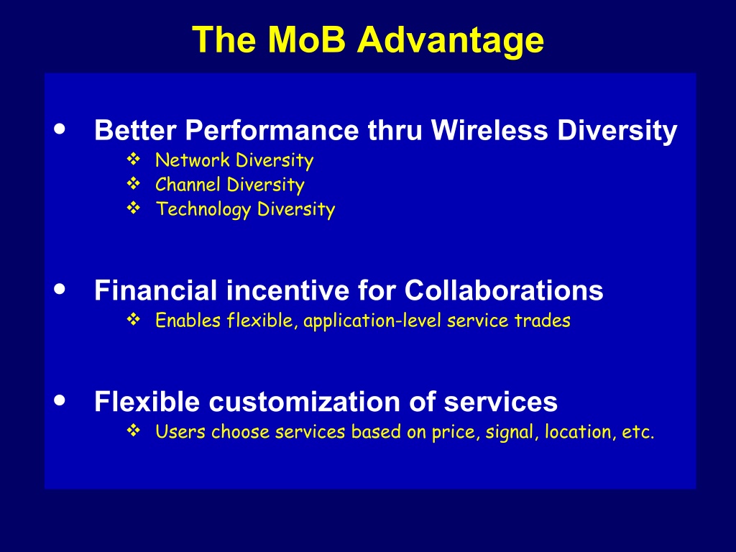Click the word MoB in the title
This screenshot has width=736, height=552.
[306, 40]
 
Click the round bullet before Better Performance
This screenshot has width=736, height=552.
[60, 128]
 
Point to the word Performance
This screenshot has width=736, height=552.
[272, 129]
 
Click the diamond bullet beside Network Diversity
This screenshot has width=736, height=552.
[133, 159]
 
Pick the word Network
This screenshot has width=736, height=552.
[193, 160]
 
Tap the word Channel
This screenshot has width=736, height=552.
[188, 185]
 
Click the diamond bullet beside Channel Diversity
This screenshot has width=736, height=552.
[133, 183]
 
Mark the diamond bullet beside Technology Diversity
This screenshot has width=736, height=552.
[133, 208]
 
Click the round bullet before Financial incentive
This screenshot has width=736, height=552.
[60, 289]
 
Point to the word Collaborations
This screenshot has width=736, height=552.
[504, 290]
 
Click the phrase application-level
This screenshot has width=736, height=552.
[372, 321]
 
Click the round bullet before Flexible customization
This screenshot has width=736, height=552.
[60, 400]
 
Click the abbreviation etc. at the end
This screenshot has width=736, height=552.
[638, 432]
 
